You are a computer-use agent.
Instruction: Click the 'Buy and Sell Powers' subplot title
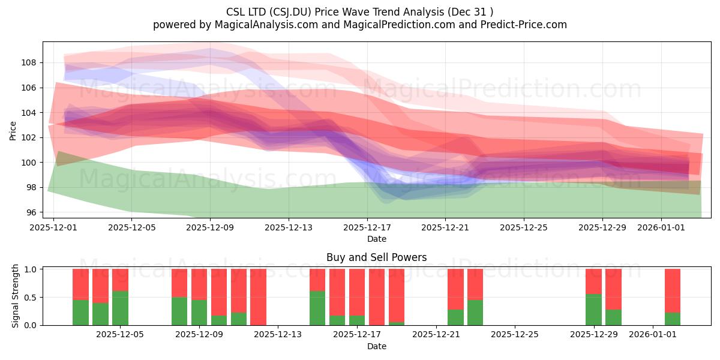[x=376, y=257]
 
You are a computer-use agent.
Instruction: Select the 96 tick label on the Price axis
[x=31, y=212]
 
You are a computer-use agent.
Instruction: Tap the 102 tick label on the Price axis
[x=29, y=137]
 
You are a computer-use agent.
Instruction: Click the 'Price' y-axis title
[x=13, y=131]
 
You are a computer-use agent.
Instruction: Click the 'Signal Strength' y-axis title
[x=15, y=296]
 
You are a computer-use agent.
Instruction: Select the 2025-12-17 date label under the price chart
[x=367, y=227]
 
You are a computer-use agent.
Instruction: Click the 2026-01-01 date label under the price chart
[x=661, y=227]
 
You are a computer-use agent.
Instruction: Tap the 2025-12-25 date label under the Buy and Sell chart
[x=515, y=335]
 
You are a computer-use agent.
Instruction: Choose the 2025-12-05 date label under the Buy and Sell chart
[x=120, y=335]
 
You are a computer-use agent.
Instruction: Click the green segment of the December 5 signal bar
[x=120, y=308]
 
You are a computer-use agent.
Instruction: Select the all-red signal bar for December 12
[x=259, y=297]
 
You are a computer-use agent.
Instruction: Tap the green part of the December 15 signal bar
[x=317, y=308]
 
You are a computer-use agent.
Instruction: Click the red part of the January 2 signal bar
[x=673, y=290]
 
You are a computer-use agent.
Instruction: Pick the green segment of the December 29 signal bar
[x=593, y=310]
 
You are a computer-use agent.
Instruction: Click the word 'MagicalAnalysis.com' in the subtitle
[x=266, y=25]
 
